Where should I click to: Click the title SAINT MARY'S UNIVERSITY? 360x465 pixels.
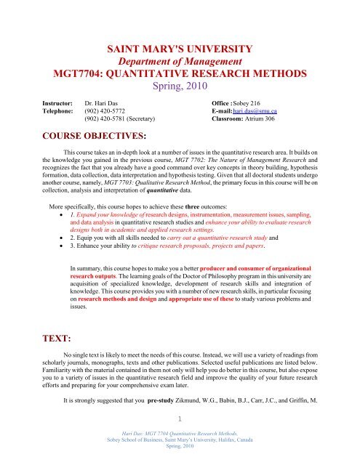(179, 49)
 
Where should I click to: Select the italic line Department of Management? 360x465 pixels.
(180, 64)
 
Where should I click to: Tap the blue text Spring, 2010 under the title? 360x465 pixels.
(179, 92)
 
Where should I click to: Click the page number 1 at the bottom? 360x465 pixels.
(180, 437)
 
